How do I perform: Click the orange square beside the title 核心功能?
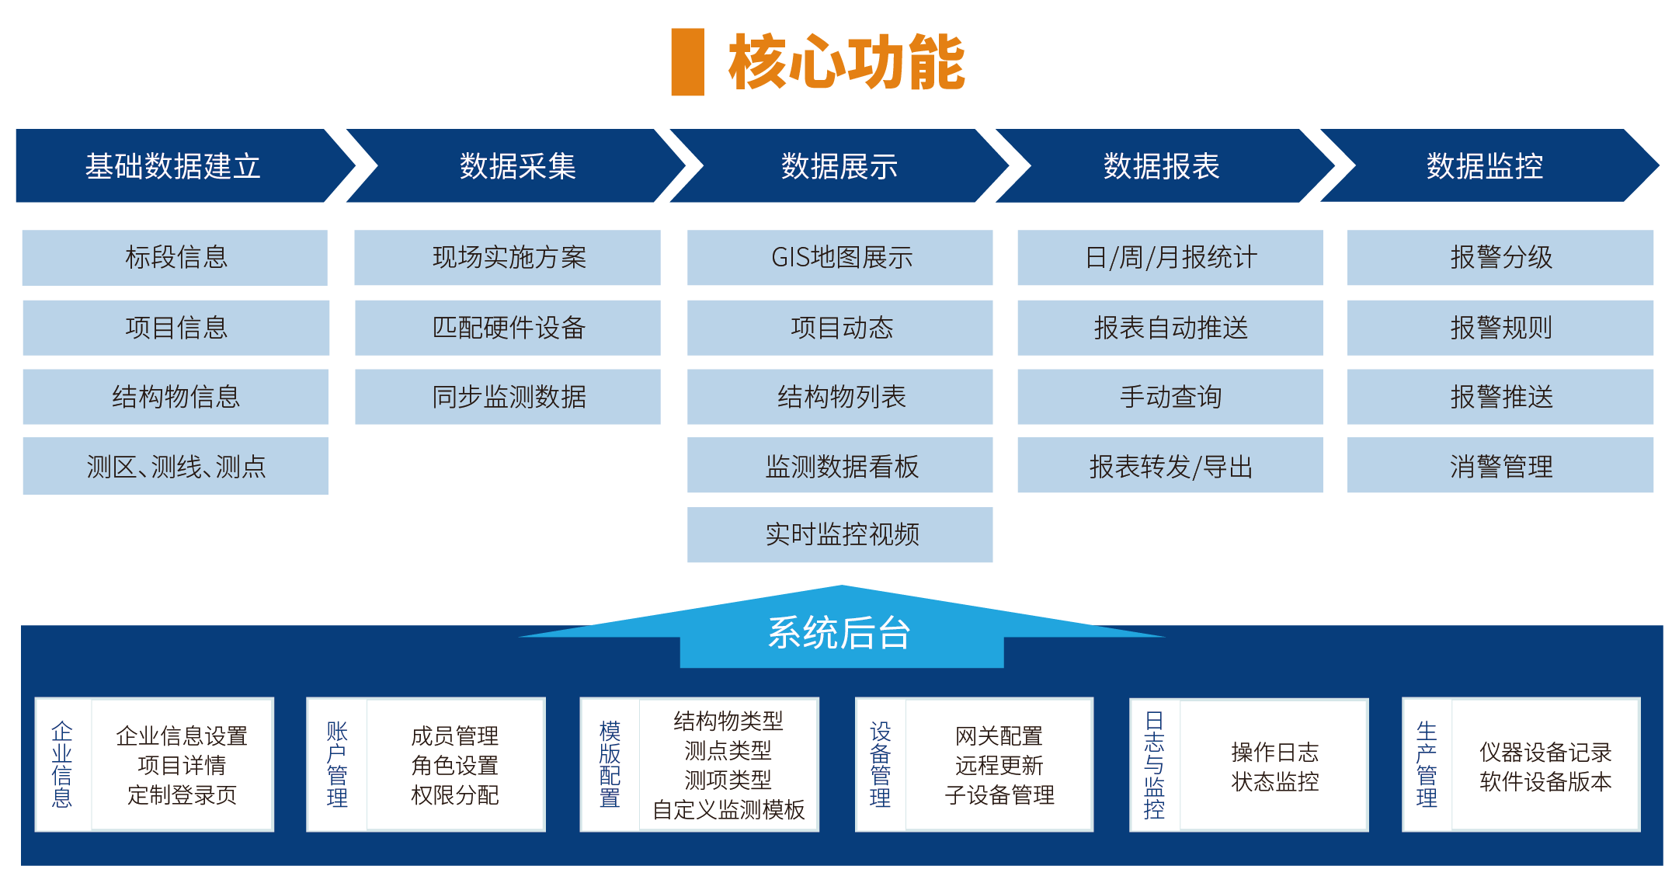(687, 62)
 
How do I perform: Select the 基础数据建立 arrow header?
(173, 166)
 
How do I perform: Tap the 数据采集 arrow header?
(517, 166)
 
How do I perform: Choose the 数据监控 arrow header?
(1484, 166)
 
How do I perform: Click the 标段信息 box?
(176, 257)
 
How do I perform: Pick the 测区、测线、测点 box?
(176, 466)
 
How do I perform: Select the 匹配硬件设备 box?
(508, 328)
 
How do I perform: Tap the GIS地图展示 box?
(840, 257)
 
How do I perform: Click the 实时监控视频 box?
(840, 534)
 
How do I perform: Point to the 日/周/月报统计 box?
(1170, 257)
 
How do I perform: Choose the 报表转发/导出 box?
(1170, 466)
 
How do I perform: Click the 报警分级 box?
(1500, 257)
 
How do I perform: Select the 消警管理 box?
(1500, 466)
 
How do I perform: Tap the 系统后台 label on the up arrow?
(839, 633)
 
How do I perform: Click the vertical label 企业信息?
(62, 765)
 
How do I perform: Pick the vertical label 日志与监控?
(1155, 765)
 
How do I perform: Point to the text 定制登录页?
(182, 795)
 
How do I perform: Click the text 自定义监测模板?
(728, 810)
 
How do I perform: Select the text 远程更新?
(999, 766)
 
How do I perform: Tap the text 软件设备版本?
(1545, 781)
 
